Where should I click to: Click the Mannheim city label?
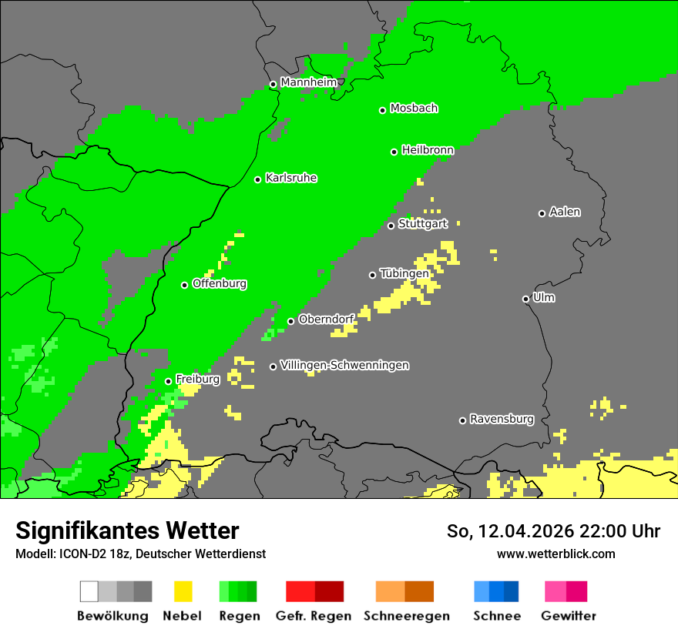pyautogui.click(x=308, y=82)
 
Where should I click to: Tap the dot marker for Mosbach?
pyautogui.click(x=382, y=110)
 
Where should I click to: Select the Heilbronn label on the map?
pyautogui.click(x=428, y=150)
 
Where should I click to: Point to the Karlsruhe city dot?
pyautogui.click(x=258, y=179)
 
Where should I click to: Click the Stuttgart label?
pyautogui.click(x=423, y=224)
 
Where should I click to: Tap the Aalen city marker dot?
pyautogui.click(x=542, y=213)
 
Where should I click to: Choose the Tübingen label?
pyautogui.click(x=404, y=273)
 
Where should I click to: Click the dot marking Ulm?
pyautogui.click(x=525, y=299)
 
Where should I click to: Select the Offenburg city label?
pyautogui.click(x=219, y=283)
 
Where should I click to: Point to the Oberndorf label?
pyautogui.click(x=326, y=319)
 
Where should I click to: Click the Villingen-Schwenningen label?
pyautogui.click(x=344, y=365)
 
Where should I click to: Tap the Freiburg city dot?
pyautogui.click(x=168, y=381)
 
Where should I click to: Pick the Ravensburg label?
pyautogui.click(x=502, y=419)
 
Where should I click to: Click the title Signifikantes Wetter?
pyautogui.click(x=127, y=530)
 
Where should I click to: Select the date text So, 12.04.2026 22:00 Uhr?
pyautogui.click(x=553, y=531)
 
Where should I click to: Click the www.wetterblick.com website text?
pyautogui.click(x=555, y=554)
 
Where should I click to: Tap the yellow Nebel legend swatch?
pyautogui.click(x=183, y=591)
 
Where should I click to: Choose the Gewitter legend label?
pyautogui.click(x=568, y=616)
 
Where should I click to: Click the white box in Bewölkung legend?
pyautogui.click(x=89, y=591)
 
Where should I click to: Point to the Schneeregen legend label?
pyautogui.click(x=406, y=616)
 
